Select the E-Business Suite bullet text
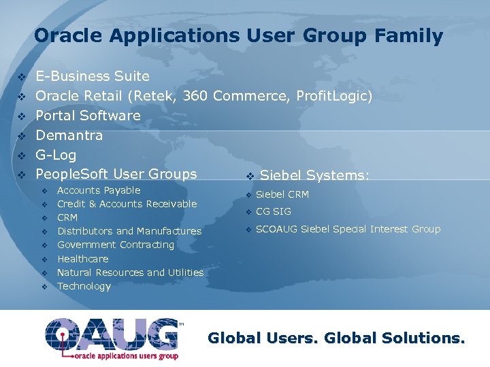pos(93,76)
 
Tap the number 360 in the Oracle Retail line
pos(195,96)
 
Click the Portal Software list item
pos(88,116)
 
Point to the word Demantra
pos(69,135)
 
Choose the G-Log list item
pos(56,154)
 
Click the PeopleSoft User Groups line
pos(116,174)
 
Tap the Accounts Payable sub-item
pos(99,190)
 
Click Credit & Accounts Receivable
pos(127,204)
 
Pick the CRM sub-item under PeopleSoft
pos(67,217)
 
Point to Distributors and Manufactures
pos(129,231)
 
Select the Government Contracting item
pos(116,245)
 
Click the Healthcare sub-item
pos(83,259)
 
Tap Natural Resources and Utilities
pos(130,273)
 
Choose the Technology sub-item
pos(84,286)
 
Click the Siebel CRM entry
pos(282,195)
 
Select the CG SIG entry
pos(274,211)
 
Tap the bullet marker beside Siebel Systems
pos(250,176)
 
